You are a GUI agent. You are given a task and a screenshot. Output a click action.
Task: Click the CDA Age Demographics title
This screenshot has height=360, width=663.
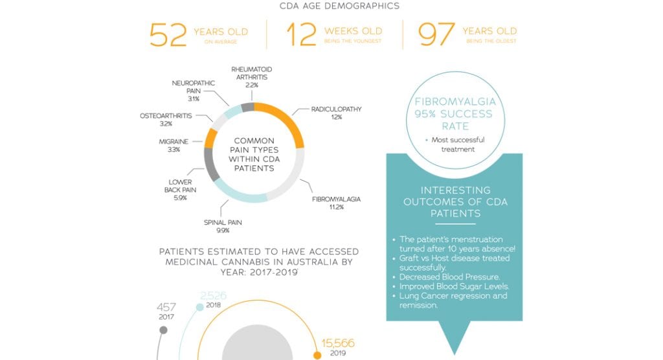[339, 6]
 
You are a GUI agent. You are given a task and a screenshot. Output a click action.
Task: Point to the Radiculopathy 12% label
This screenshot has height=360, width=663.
[335, 113]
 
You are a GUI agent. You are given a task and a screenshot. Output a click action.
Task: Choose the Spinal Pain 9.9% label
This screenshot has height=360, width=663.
[222, 226]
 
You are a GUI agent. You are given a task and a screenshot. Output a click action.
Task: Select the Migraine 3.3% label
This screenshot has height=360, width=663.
[174, 145]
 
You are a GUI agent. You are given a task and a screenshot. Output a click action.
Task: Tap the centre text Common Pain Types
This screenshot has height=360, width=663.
[254, 154]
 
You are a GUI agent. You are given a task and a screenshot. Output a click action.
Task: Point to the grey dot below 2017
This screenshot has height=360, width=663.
[163, 330]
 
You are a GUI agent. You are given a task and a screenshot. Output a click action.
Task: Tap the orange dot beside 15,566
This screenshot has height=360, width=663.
[317, 355]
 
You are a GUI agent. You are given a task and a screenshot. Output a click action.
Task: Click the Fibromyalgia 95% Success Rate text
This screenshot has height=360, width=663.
[453, 114]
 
